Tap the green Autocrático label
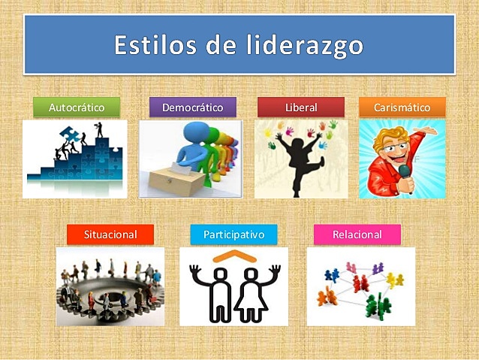[77, 107]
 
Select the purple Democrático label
[192, 107]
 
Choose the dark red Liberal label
[301, 107]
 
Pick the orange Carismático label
[402, 107]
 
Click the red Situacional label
[110, 234]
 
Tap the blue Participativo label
[233, 234]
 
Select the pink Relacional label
[357, 234]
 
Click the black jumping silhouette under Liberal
[299, 158]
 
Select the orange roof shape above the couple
[233, 256]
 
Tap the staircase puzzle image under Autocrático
[74, 159]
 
